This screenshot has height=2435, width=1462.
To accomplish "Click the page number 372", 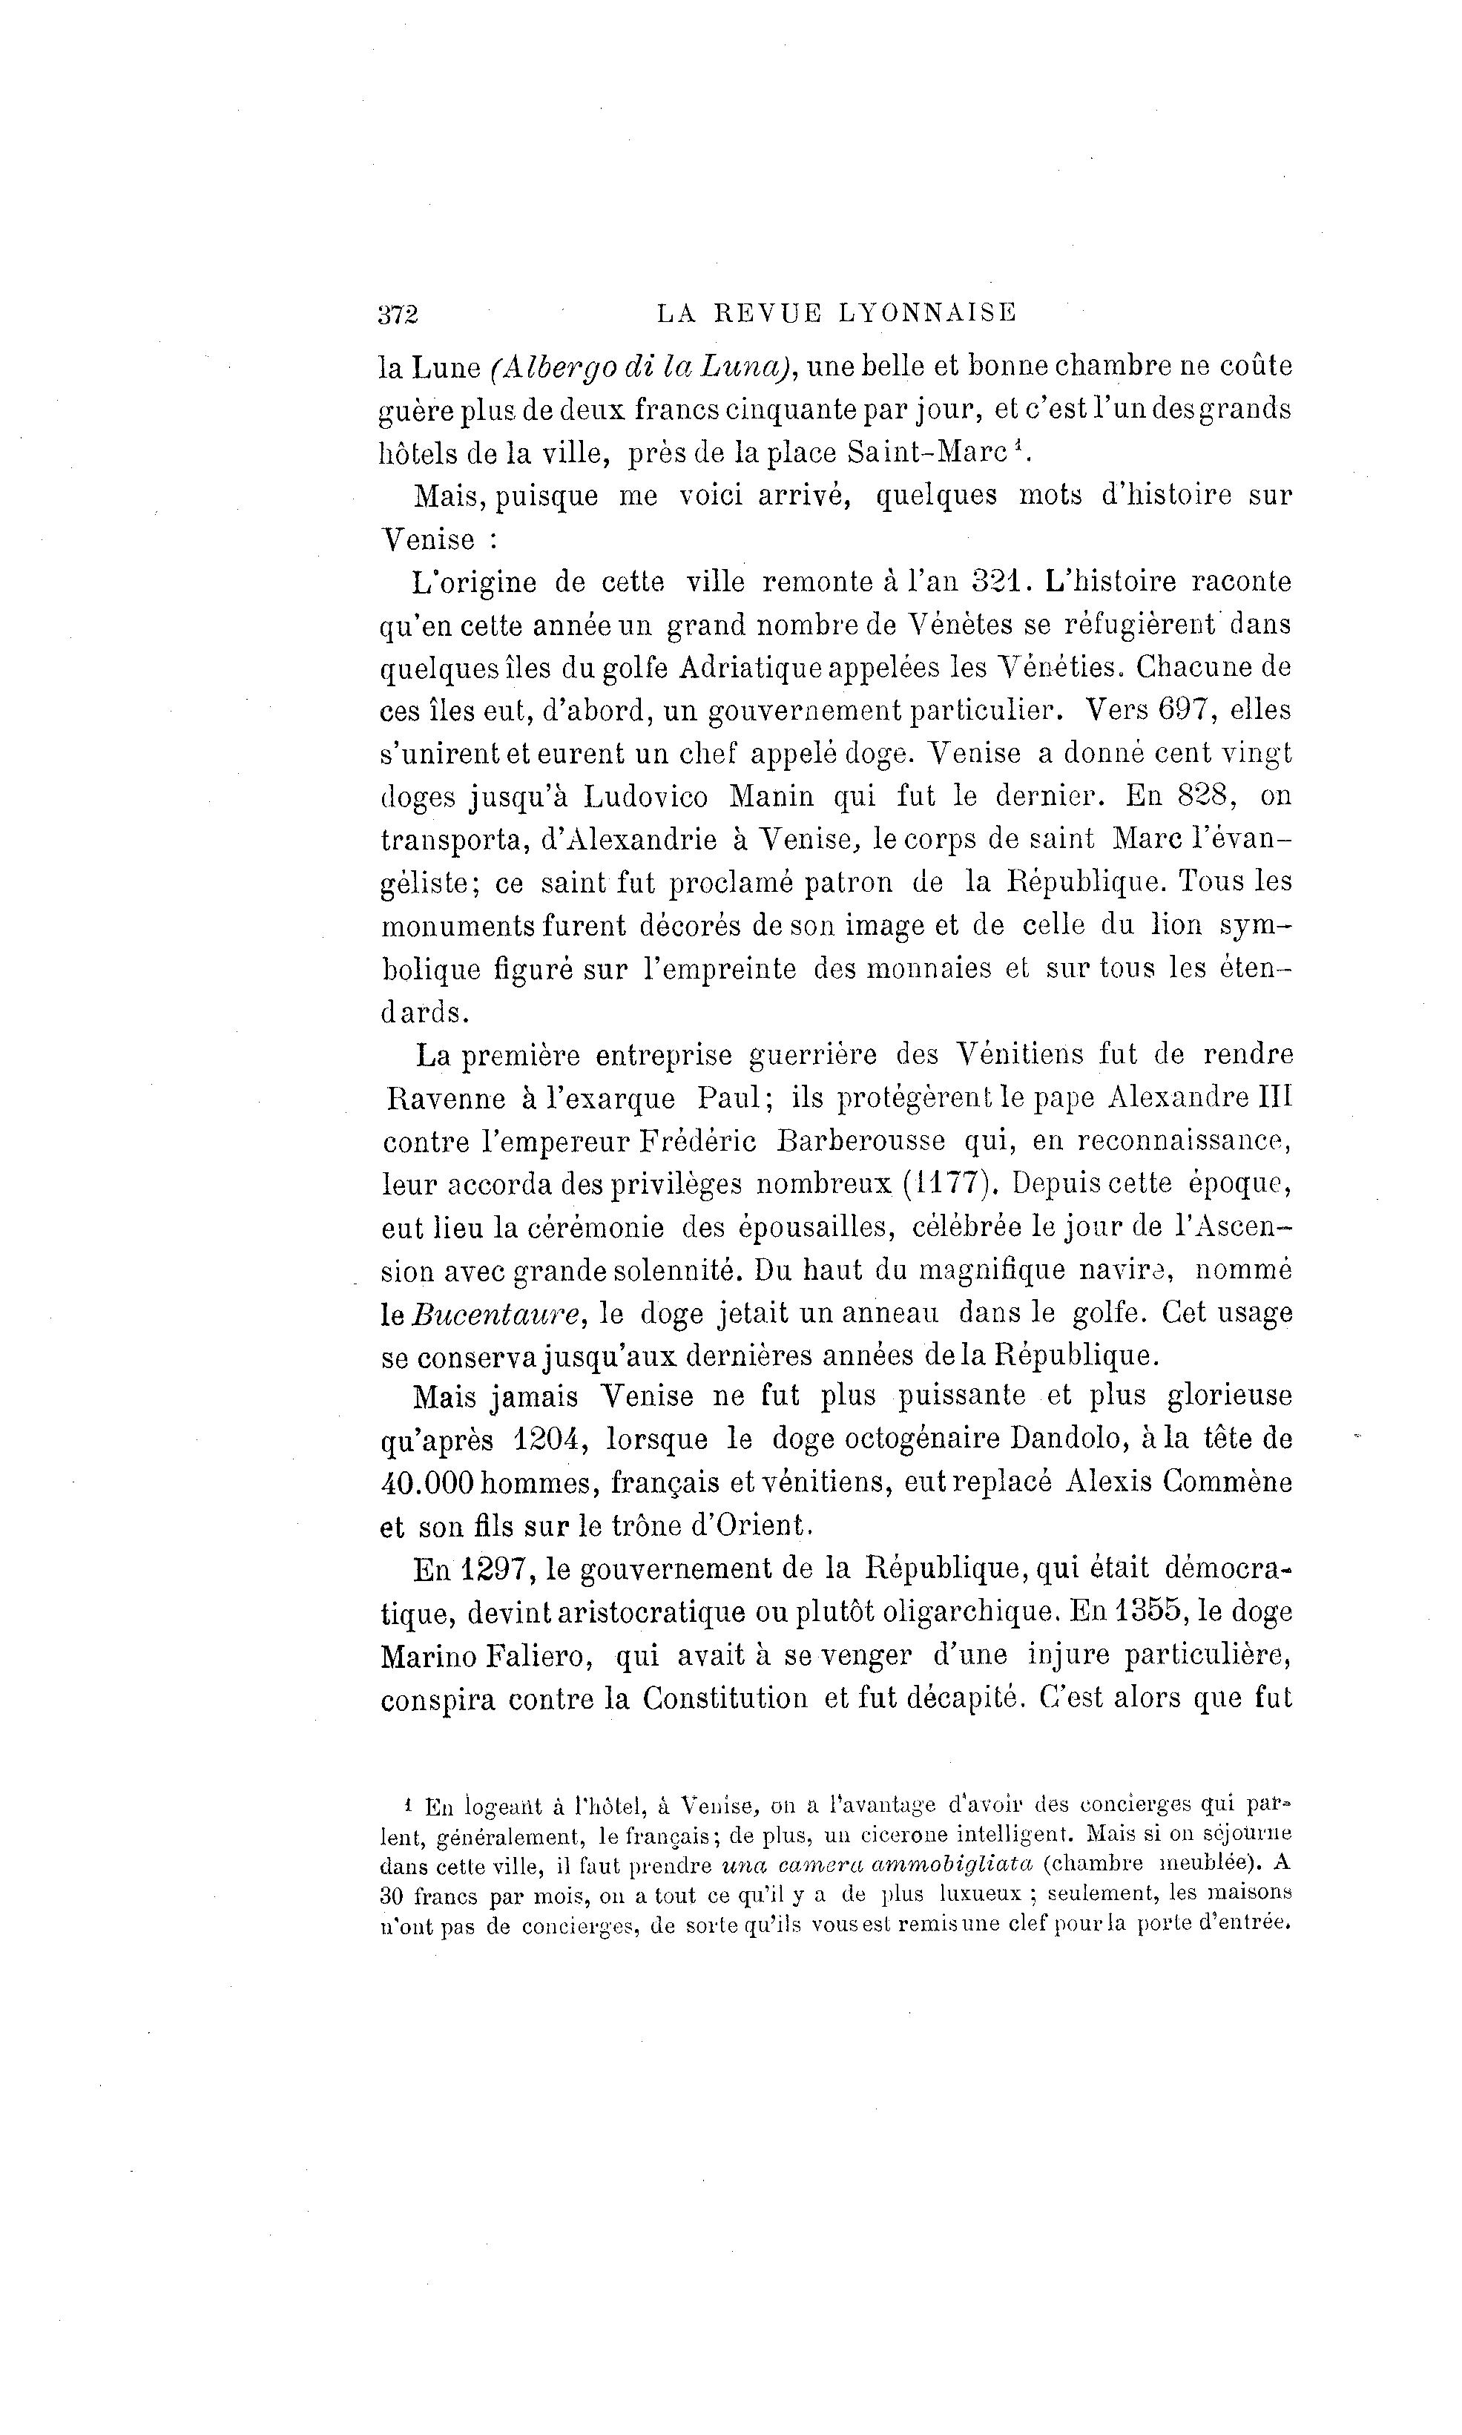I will pyautogui.click(x=398, y=315).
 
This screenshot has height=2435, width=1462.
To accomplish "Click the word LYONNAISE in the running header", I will pyautogui.click(x=927, y=313).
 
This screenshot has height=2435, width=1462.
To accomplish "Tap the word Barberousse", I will pyautogui.click(x=860, y=1141).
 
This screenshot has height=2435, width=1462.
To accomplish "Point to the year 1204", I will pyautogui.click(x=552, y=1440).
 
